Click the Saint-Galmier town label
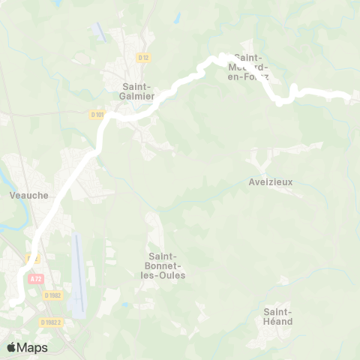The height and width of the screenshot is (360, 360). (138, 91)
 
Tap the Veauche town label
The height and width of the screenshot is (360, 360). (29, 195)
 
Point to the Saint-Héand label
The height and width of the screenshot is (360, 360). (278, 316)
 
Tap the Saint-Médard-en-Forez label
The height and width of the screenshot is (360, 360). (251, 67)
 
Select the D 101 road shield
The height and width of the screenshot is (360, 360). (97, 115)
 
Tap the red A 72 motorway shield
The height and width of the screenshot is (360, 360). (34, 278)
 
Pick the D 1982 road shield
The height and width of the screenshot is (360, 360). (52, 295)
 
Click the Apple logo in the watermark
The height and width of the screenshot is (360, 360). (12, 347)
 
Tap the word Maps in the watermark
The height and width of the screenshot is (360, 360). (33, 347)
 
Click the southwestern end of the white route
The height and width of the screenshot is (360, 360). (13, 302)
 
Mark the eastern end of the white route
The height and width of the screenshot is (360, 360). (349, 96)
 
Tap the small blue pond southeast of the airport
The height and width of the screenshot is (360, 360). (124, 305)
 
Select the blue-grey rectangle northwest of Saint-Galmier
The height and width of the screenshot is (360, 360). (98, 31)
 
